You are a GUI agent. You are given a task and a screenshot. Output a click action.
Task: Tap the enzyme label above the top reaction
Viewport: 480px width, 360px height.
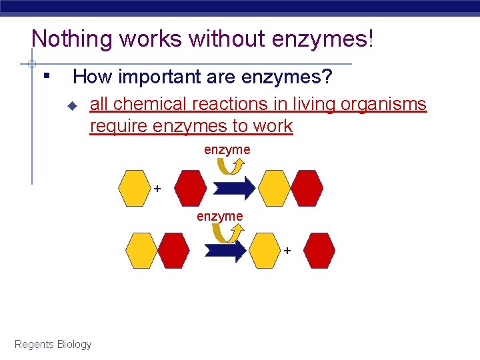point(227,150)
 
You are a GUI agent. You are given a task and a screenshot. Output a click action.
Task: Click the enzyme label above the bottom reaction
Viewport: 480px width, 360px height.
point(219,216)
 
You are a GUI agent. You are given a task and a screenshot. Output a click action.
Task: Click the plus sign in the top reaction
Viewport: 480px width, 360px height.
point(157,189)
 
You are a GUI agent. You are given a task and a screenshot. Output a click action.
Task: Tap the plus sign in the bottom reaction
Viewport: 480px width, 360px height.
point(287,251)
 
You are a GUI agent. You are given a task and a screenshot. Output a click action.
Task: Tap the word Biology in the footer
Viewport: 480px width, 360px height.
point(74,344)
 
